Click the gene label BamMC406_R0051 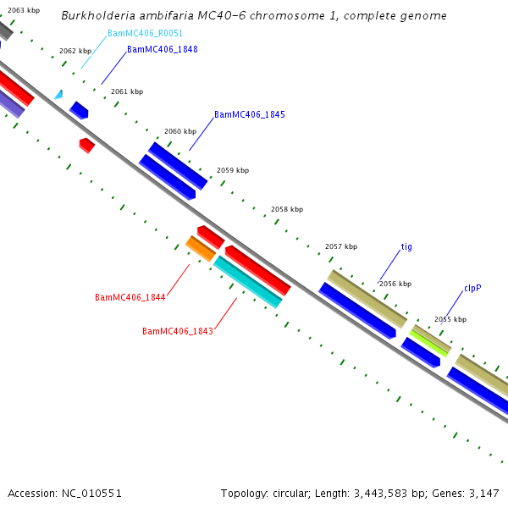[x=145, y=34]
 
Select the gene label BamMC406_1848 [x=162, y=50]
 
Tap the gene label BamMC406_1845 [x=249, y=114]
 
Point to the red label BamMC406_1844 [x=130, y=298]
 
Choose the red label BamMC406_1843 [x=177, y=332]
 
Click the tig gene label [x=406, y=247]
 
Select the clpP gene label [x=472, y=289]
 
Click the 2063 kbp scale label [x=24, y=10]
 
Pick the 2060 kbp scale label [x=179, y=131]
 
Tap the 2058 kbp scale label [x=286, y=209]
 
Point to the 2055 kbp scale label [x=450, y=319]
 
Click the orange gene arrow [x=201, y=249]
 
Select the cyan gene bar [x=247, y=282]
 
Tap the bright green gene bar [x=430, y=341]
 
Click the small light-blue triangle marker [x=58, y=95]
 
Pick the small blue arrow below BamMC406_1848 [x=79, y=110]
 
